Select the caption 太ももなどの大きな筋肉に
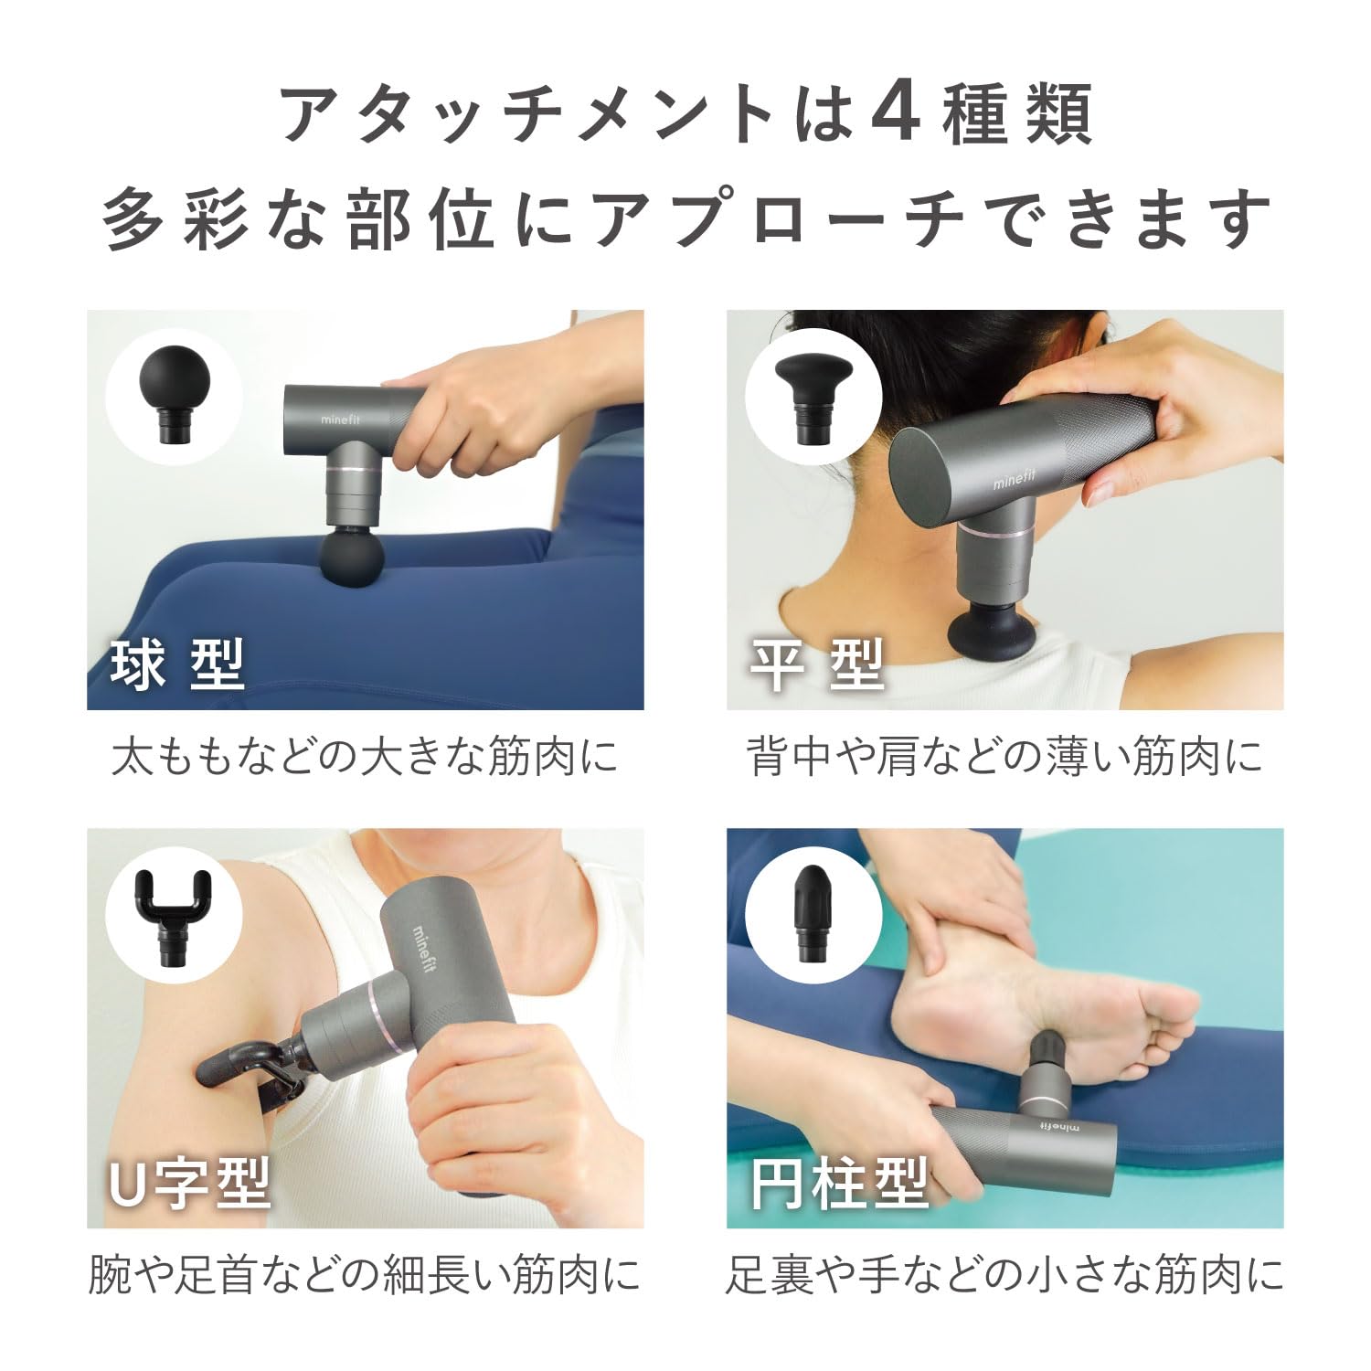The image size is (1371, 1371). (365, 758)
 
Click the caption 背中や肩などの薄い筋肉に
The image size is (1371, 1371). (1004, 758)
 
